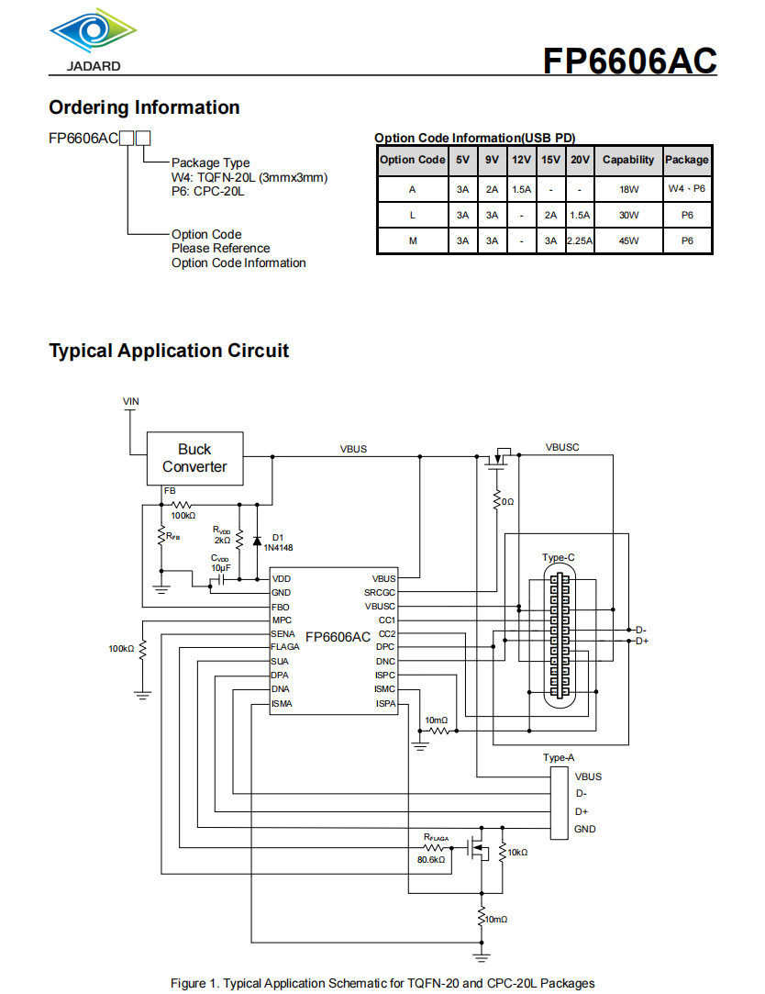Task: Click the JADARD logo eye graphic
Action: (x=93, y=31)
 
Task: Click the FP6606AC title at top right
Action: (x=629, y=61)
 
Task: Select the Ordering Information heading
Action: (x=144, y=107)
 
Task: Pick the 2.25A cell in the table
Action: (x=580, y=241)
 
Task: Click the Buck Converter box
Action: (x=194, y=458)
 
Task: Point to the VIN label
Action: (x=132, y=402)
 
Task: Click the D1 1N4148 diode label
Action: (x=276, y=542)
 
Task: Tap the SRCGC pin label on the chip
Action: (x=380, y=593)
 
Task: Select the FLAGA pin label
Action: (x=285, y=647)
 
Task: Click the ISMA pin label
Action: (x=282, y=703)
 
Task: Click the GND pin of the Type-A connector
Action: (x=584, y=830)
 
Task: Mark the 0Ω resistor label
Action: (x=507, y=502)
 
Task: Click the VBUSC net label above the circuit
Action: (x=562, y=448)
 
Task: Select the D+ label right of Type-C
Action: (x=642, y=642)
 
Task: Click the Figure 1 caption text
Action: (x=382, y=983)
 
